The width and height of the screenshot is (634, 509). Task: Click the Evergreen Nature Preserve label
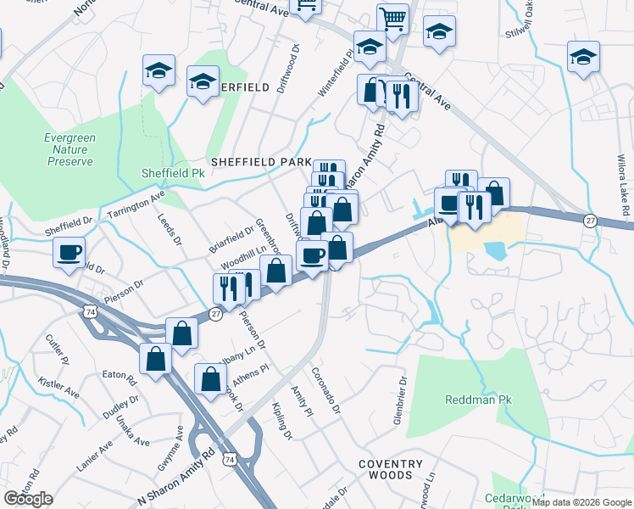click(x=70, y=149)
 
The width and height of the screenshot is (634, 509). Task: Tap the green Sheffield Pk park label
click(x=174, y=173)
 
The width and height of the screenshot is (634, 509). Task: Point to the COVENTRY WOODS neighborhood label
click(x=390, y=470)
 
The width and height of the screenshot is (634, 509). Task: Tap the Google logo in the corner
click(x=28, y=499)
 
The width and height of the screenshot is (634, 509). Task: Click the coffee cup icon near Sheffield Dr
click(x=69, y=251)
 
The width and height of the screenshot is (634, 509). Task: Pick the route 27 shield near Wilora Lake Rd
click(x=589, y=220)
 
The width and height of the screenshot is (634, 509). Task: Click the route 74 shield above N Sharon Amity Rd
click(x=229, y=459)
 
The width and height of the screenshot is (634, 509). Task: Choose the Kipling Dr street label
click(x=281, y=422)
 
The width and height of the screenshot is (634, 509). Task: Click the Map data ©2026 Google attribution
click(x=581, y=502)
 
